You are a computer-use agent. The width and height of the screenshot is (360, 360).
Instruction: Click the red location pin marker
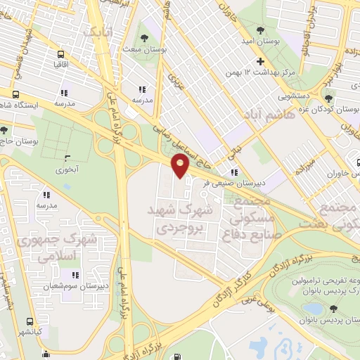[x=181, y=166]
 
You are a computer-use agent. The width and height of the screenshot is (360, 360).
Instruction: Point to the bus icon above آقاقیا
[x=60, y=53]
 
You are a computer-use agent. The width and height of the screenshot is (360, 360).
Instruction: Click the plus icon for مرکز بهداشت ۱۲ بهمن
[x=259, y=62]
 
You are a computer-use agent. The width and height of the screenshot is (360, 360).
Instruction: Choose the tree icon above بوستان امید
[x=261, y=30]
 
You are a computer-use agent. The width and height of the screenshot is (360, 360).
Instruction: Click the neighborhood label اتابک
[x=96, y=31]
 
